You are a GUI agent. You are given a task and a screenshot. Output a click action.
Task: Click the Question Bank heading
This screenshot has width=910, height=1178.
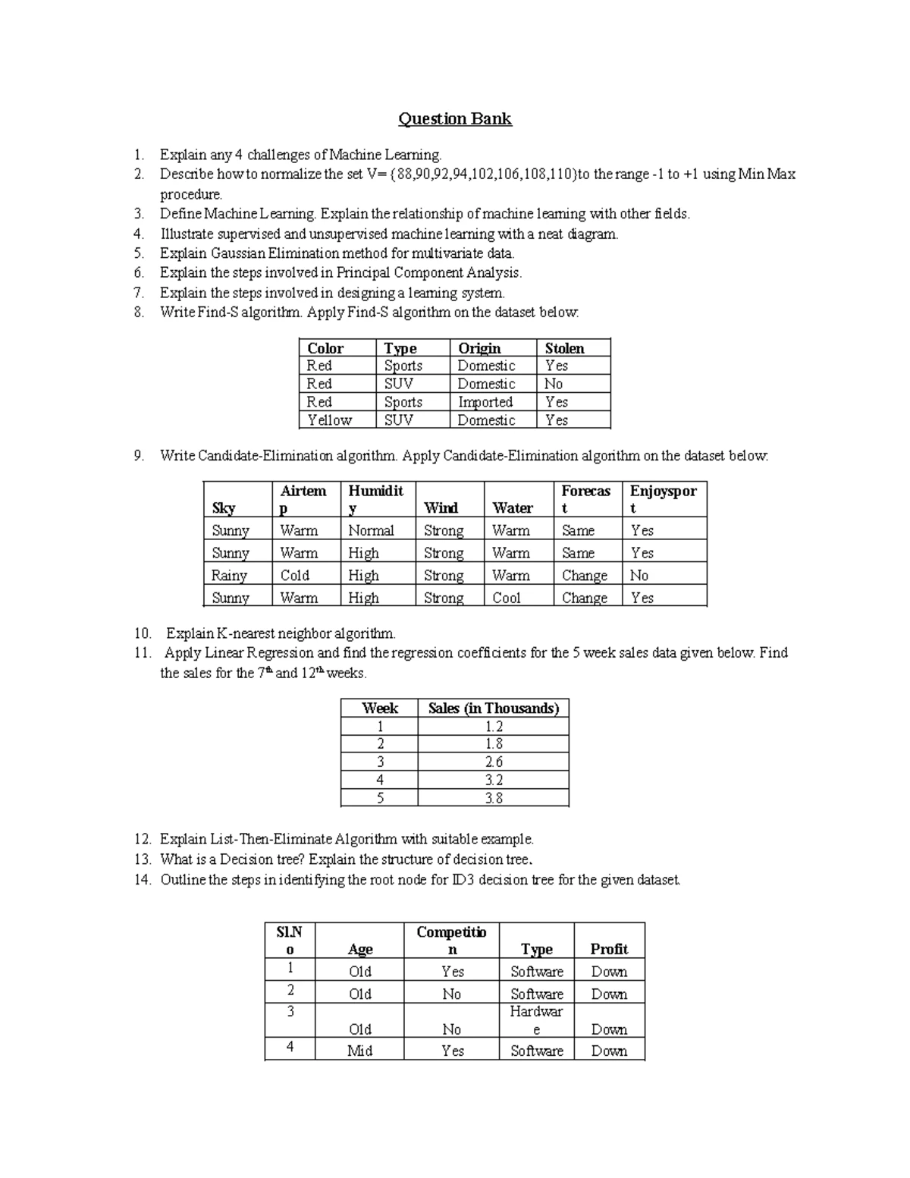pos(455,119)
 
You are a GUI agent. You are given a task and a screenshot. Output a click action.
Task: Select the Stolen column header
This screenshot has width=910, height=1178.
pos(564,348)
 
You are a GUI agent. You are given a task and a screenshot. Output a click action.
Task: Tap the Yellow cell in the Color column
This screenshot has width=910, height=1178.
pos(329,420)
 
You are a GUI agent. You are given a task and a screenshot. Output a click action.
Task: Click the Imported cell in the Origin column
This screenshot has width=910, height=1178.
pos(485,402)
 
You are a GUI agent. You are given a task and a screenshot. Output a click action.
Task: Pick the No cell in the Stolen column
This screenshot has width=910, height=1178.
pos(554,384)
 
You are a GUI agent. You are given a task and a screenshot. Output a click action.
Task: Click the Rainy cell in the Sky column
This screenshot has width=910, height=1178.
pos(229,576)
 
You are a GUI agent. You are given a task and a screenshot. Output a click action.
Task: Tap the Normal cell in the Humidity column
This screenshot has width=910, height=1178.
pos(371,531)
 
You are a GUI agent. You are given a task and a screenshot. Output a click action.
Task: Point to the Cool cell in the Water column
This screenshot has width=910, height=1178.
pos(507,598)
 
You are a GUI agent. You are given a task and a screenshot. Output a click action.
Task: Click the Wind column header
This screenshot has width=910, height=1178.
pos(441,508)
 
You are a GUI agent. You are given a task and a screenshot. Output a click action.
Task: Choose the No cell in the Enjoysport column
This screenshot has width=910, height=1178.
pos(639,576)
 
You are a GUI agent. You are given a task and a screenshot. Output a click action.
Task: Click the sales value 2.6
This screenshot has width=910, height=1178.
pos(494,762)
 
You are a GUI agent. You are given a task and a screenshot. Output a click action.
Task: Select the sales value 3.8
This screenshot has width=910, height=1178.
pos(494,798)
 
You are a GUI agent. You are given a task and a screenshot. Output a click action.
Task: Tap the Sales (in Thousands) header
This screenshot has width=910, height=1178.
pos(493,708)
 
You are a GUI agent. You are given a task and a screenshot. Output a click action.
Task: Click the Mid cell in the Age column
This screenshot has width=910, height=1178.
pos(359,1051)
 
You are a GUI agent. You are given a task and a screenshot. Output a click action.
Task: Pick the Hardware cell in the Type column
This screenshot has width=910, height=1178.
pos(536,1020)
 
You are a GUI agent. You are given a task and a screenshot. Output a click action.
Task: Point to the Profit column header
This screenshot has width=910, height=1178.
pos(609,949)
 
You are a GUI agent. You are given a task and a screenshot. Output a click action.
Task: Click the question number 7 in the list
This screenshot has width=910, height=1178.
pos(139,293)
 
